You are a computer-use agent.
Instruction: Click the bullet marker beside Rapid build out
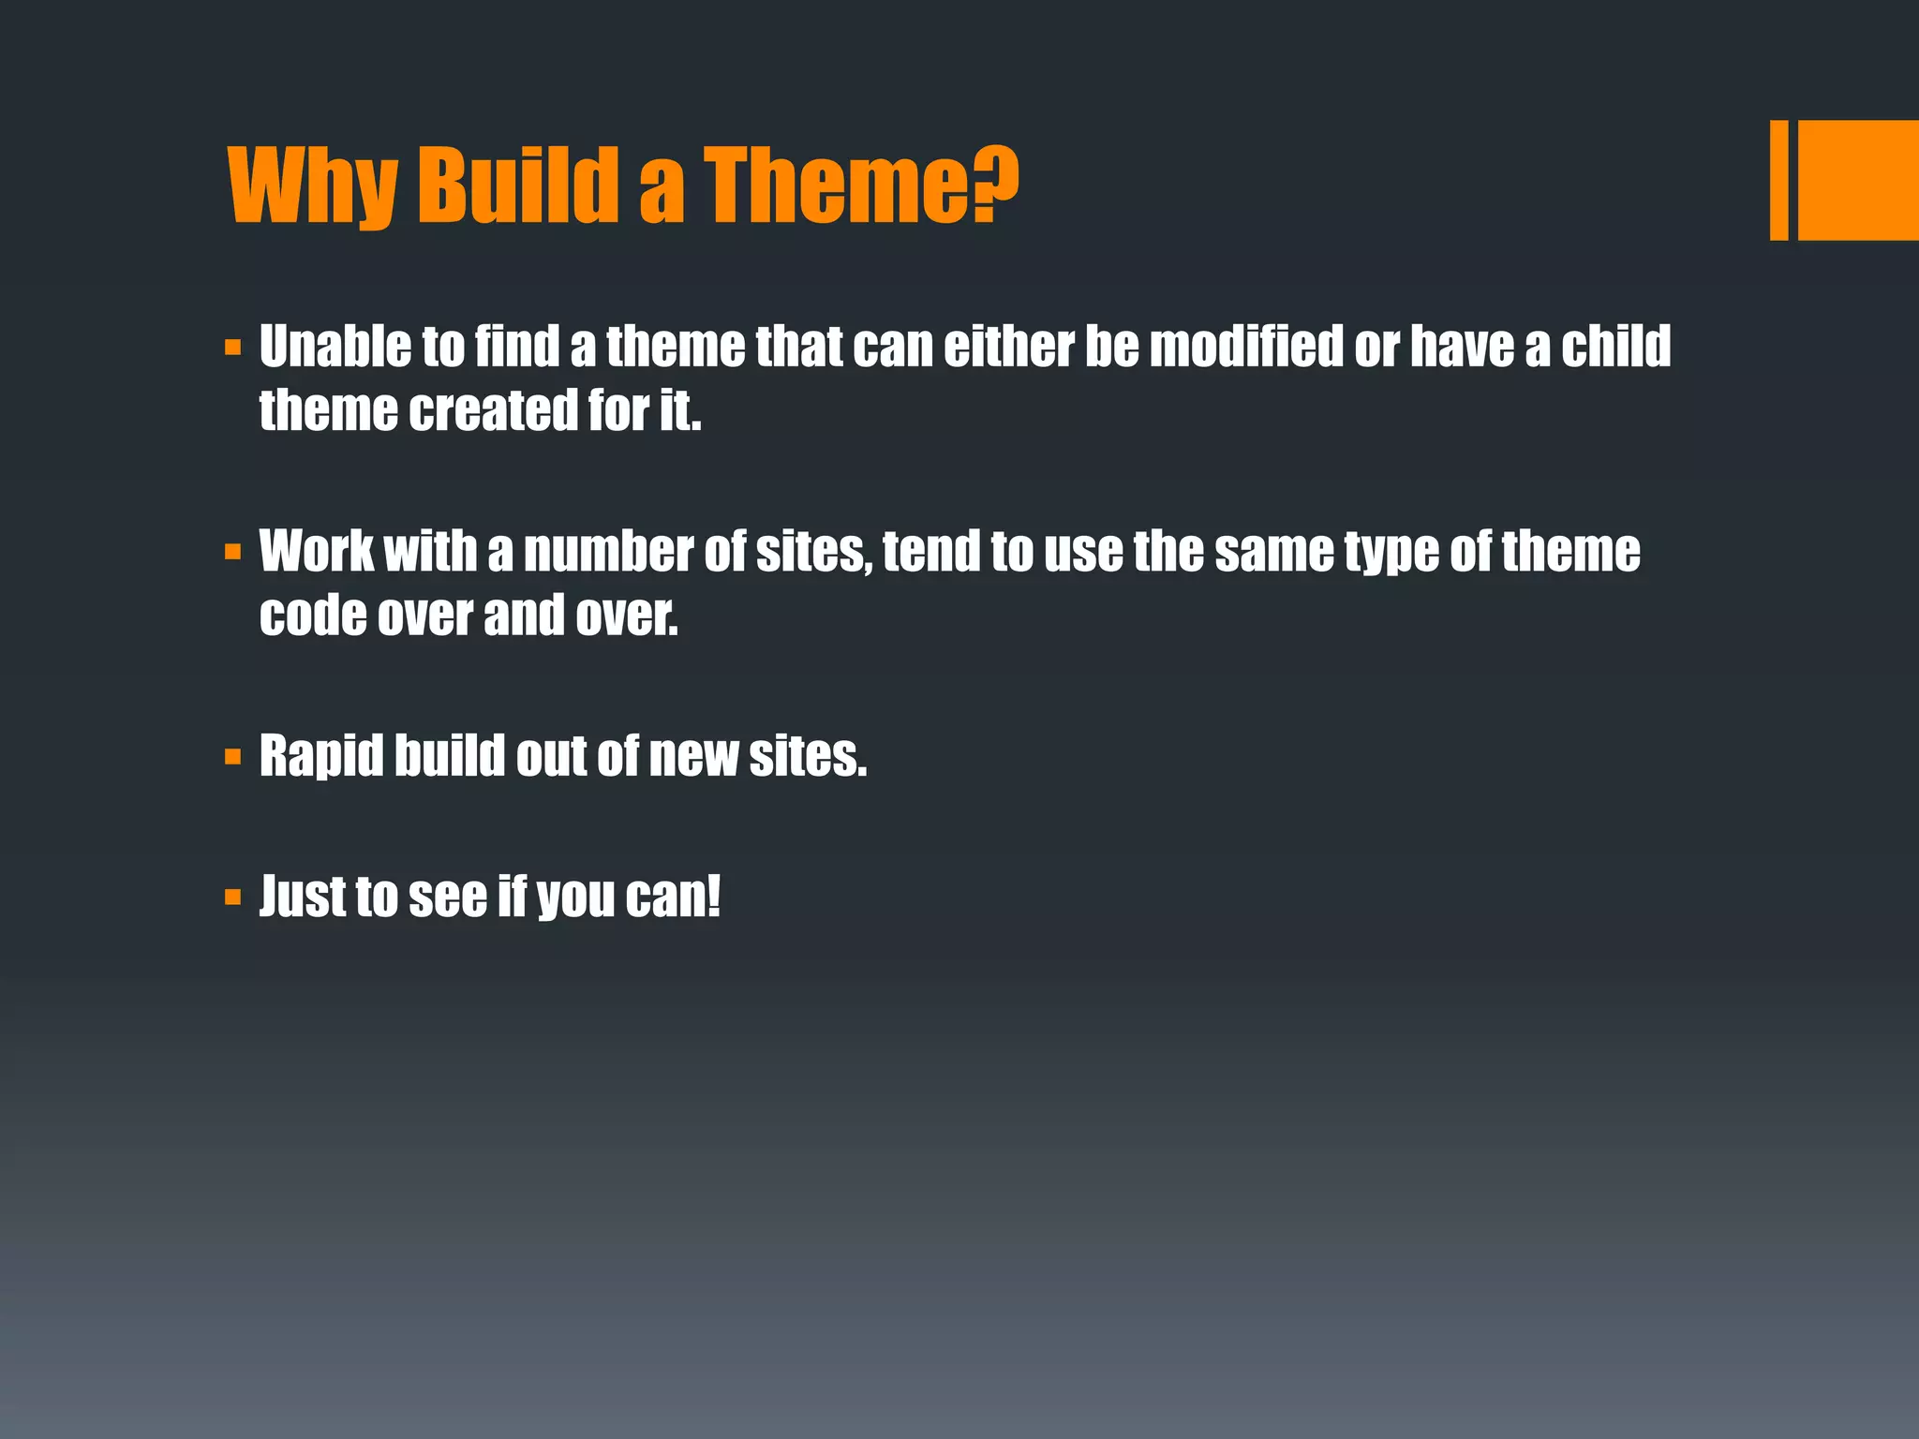233,756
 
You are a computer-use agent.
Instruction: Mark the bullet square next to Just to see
233,898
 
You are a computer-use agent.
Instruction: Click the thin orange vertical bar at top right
1778,180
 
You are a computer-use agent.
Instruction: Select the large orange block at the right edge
1858,180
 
